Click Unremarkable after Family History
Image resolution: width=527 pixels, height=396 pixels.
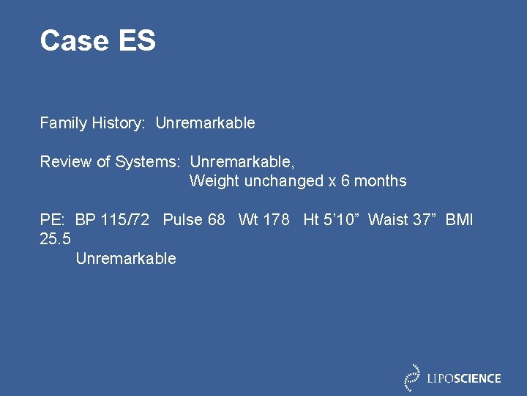click(x=205, y=123)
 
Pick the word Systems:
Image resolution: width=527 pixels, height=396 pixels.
click(x=148, y=161)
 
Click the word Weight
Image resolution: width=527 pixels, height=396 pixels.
click(x=213, y=180)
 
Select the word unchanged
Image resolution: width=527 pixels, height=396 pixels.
click(x=281, y=180)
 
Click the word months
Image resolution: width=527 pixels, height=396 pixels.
click(x=381, y=180)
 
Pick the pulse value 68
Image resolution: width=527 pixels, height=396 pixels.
click(x=216, y=219)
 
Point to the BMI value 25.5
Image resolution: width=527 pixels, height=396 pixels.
click(x=56, y=239)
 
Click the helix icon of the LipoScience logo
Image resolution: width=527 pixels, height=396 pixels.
click(x=413, y=377)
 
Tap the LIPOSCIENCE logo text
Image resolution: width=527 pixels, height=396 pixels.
click(x=464, y=378)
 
